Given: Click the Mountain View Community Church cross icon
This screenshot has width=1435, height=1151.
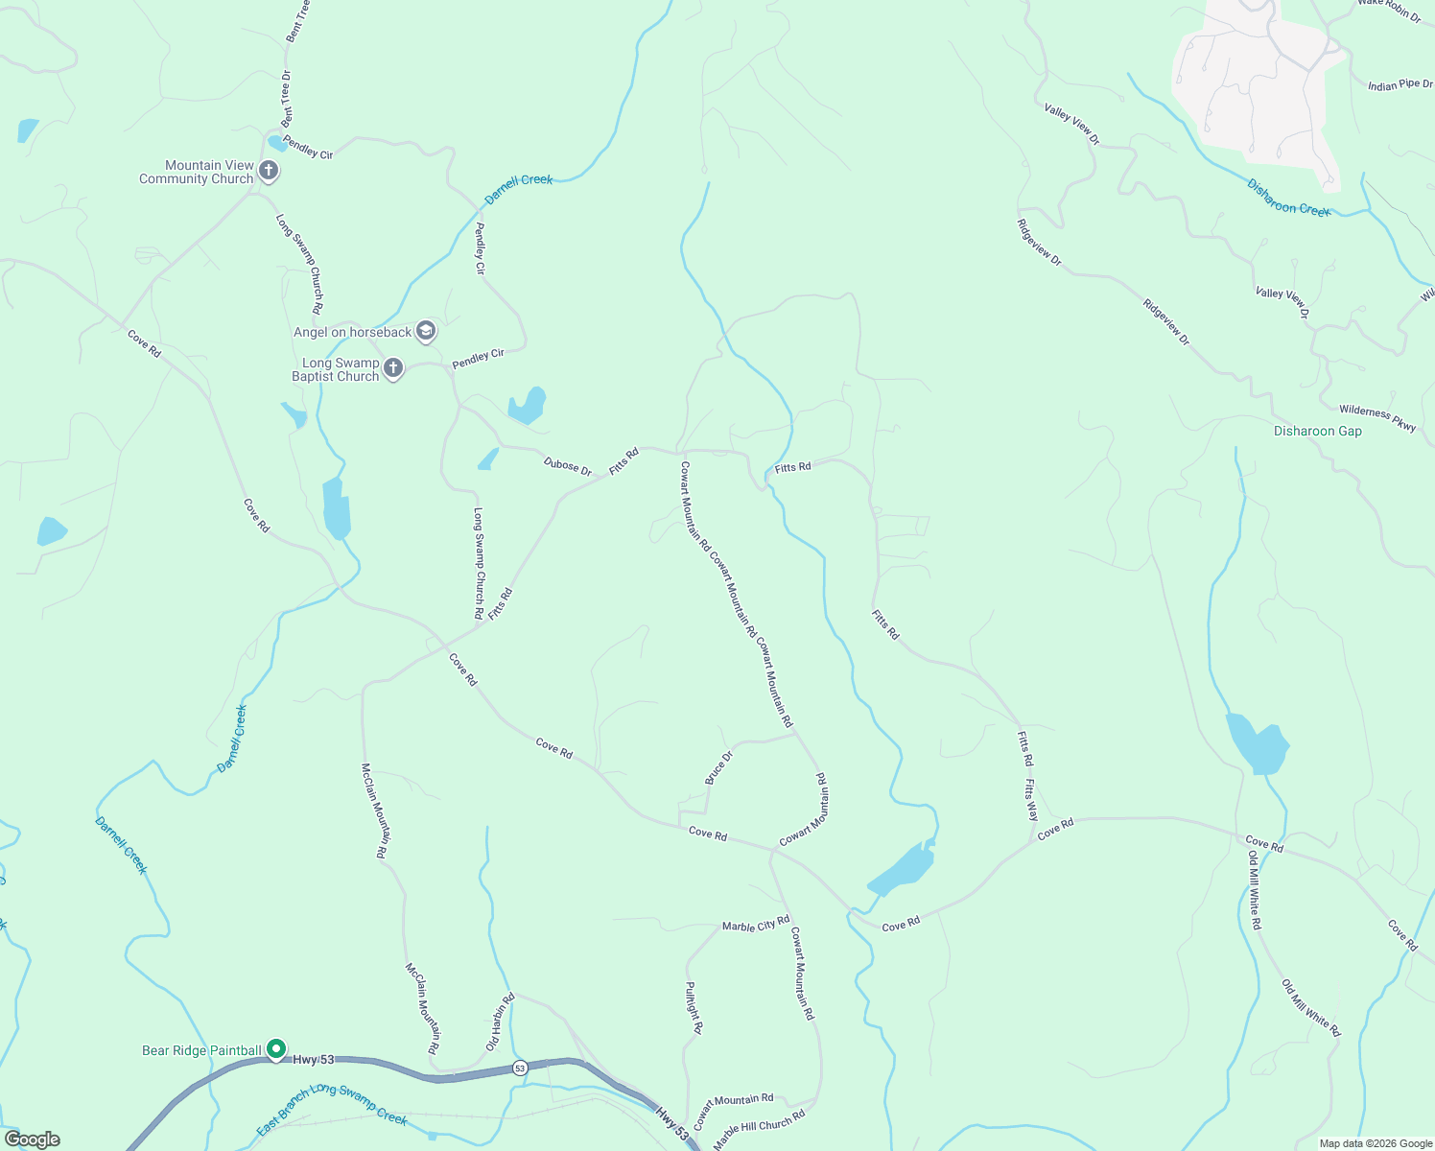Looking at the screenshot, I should (269, 172).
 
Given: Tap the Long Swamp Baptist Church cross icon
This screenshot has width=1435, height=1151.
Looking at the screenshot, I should (392, 368).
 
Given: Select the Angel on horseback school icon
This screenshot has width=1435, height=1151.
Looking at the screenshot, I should (426, 332).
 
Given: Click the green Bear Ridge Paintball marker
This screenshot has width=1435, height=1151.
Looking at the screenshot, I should (276, 1050).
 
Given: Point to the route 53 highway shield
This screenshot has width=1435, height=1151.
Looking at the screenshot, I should (519, 1068).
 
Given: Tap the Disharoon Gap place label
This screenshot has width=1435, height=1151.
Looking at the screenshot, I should (1317, 432).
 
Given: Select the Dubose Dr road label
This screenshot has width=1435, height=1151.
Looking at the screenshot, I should (568, 466).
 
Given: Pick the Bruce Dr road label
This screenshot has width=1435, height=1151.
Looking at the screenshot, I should (718, 768).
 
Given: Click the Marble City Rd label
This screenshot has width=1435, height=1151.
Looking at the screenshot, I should (755, 924).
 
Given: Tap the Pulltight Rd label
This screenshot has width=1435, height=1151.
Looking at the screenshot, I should (694, 1007).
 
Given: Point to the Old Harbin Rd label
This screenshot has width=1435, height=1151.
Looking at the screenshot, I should (500, 1022).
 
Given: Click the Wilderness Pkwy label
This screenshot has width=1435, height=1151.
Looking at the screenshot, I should (1377, 418).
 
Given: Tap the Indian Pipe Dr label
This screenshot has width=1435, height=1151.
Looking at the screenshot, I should (1400, 85).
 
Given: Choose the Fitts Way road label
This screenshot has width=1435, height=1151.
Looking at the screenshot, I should (1031, 801).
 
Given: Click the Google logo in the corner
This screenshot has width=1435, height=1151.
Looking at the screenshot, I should (32, 1139).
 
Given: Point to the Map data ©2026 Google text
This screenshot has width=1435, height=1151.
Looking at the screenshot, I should (1375, 1143).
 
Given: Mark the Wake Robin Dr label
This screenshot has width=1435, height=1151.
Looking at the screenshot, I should (1389, 9).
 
